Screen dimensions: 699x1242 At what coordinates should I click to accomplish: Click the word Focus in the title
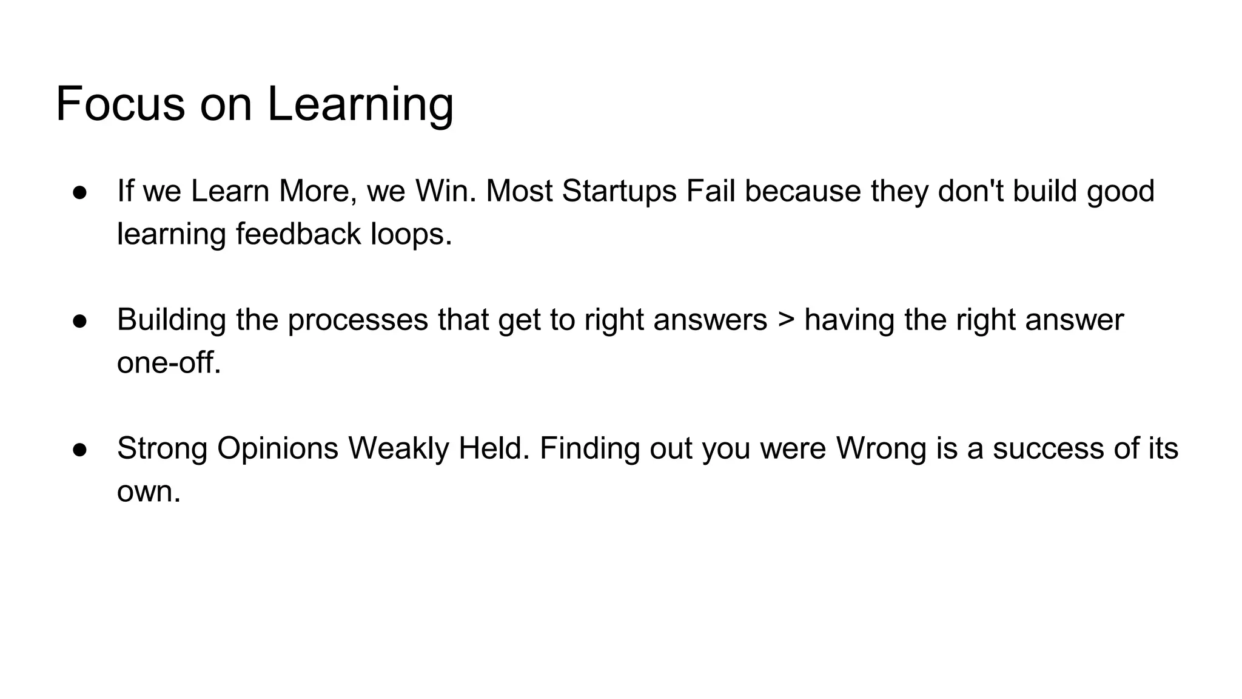click(x=120, y=104)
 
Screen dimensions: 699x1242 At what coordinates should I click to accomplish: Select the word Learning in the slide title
click(x=360, y=104)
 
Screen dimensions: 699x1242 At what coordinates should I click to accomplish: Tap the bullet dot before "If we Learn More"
click(x=80, y=192)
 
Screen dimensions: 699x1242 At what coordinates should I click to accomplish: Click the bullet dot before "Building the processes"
click(x=80, y=321)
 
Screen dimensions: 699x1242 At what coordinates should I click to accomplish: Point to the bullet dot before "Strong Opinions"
click(x=80, y=450)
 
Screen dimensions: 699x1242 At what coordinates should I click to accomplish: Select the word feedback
click(x=298, y=234)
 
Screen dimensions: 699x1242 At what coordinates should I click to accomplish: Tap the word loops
click(x=411, y=234)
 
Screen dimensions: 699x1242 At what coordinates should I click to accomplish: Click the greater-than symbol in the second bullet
click(x=785, y=320)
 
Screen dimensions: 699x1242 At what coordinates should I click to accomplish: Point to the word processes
click(x=358, y=320)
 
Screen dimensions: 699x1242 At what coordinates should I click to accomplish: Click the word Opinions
click(x=278, y=448)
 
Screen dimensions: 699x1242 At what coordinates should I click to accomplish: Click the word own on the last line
click(x=148, y=491)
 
